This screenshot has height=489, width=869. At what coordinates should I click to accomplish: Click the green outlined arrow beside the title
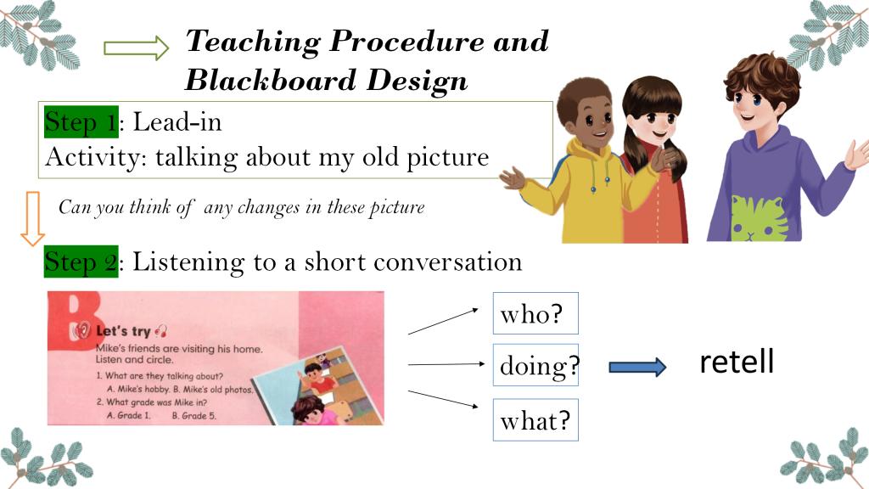(136, 48)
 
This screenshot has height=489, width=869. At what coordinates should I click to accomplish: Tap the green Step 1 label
(81, 121)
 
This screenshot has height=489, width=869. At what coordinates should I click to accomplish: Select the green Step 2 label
(81, 261)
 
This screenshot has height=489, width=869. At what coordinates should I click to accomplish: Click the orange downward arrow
(33, 218)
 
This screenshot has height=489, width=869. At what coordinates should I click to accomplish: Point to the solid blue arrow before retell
(637, 367)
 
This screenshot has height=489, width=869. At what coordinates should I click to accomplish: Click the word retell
(737, 362)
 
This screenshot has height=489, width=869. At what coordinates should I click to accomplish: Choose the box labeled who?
(535, 313)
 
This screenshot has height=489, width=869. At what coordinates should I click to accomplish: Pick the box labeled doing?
(535, 365)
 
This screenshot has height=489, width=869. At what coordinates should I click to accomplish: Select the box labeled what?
(535, 419)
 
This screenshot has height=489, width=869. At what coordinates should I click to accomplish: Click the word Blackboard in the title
(270, 80)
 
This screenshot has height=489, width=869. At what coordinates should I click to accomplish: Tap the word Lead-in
(177, 121)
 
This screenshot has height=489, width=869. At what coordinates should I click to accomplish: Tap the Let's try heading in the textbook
(123, 331)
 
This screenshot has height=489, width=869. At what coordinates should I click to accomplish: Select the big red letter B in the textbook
(75, 320)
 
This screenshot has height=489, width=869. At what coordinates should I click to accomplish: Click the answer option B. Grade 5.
(194, 415)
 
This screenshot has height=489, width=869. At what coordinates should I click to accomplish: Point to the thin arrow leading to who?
(443, 322)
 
